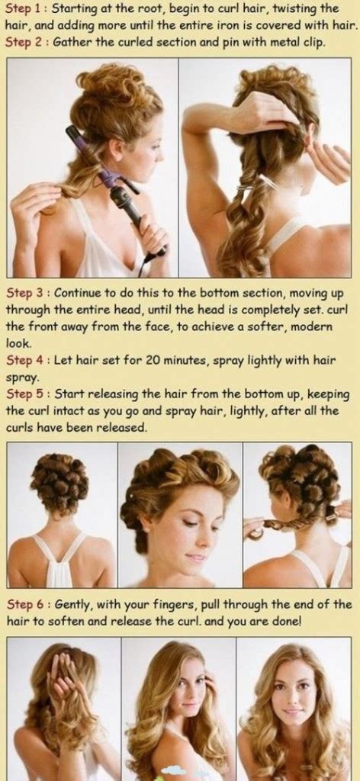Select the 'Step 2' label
pos(24,41)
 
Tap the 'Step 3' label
pos(24,292)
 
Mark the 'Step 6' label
pos(24,604)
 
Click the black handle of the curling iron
pos(126,204)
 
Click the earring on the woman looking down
pos(146,527)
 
